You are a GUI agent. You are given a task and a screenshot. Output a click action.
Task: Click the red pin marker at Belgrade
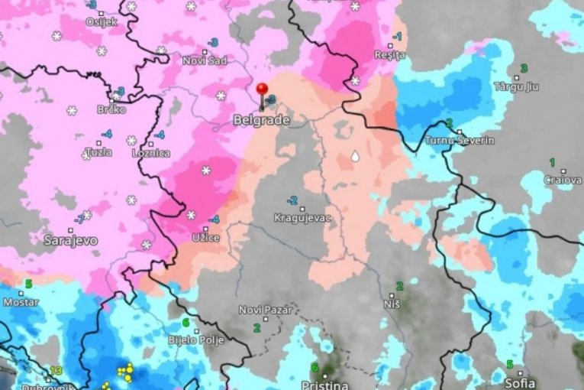point(263,90)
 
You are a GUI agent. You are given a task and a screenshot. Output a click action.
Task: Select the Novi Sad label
point(204,60)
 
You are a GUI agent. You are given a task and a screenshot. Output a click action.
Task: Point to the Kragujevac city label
point(303,218)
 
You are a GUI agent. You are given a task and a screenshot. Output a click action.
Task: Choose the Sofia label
point(520,382)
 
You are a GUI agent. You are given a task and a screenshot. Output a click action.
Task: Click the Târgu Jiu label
point(516,86)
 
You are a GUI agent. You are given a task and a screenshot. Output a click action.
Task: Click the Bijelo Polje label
point(196,341)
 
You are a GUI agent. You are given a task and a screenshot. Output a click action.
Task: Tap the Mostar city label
point(21,301)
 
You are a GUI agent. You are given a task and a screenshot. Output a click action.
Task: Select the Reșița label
point(390,56)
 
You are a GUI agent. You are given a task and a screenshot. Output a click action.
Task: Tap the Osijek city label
point(102,21)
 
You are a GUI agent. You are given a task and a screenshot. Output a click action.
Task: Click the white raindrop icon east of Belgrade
point(355,156)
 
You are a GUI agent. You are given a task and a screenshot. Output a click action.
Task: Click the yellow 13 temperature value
point(55,371)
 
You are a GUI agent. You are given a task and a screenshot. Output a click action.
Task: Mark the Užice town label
point(206,238)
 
